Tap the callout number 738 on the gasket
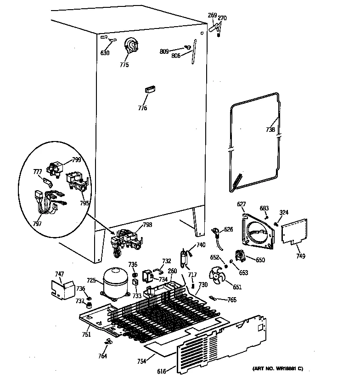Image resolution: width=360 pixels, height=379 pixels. [x=270, y=130]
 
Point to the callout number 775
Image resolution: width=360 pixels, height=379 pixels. [x=124, y=65]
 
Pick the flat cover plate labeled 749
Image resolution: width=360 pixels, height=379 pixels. [x=294, y=231]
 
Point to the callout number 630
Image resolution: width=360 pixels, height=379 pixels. [x=105, y=53]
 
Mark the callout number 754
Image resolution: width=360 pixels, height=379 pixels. [x=141, y=362]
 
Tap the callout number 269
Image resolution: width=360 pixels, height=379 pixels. [x=212, y=16]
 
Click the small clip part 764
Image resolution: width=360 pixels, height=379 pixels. [x=108, y=342]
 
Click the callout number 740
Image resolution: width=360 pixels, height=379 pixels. [x=201, y=245]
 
